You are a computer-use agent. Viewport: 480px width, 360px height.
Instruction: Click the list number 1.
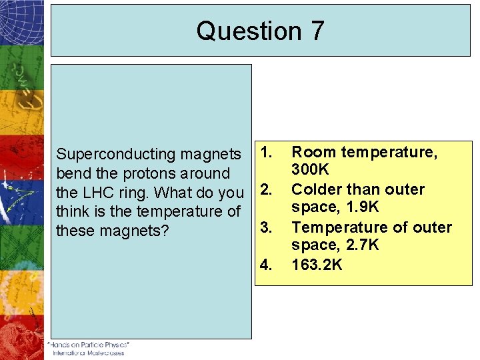click(265, 153)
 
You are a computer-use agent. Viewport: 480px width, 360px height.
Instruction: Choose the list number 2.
click(265, 190)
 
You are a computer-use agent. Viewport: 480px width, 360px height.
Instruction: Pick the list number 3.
click(265, 228)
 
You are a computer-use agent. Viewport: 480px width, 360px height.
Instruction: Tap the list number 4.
click(265, 265)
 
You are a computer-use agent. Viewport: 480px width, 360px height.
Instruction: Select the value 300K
click(310, 171)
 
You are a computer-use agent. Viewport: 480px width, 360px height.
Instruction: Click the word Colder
click(316, 190)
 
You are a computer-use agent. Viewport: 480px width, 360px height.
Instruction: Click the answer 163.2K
click(317, 265)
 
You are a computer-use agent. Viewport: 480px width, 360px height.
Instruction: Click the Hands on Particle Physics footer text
click(89, 345)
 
